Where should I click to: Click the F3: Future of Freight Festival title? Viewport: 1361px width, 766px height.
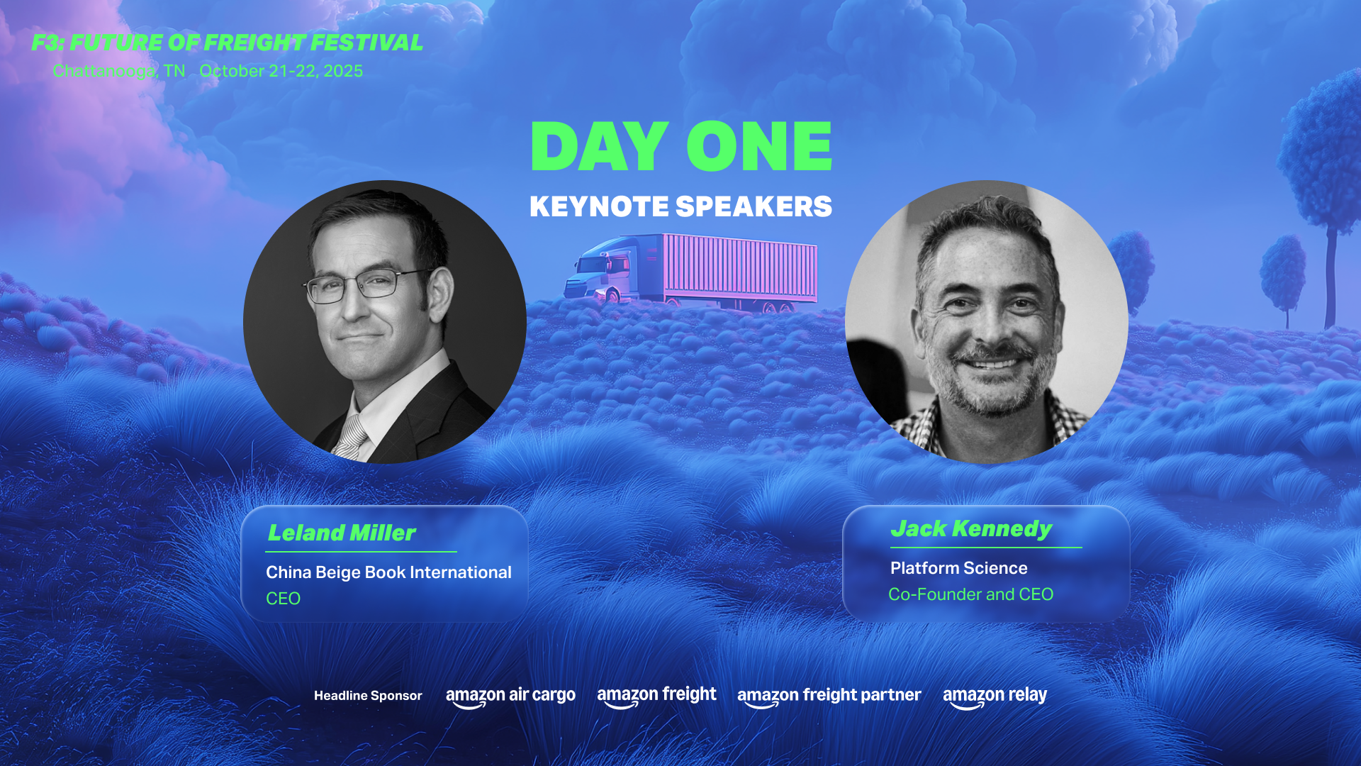[x=227, y=43]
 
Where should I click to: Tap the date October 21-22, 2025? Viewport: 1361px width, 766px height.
[x=281, y=71]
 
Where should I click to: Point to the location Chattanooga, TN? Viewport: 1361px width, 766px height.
[x=119, y=71]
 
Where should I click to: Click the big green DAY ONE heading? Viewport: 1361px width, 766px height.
[x=681, y=146]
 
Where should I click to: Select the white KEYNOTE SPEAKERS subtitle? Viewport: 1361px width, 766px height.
[x=681, y=206]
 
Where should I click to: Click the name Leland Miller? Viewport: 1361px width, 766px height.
[x=342, y=533]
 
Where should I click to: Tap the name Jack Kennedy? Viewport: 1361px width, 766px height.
[x=971, y=529]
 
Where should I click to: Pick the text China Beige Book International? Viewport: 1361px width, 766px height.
[x=388, y=572]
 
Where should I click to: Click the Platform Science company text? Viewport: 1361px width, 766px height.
[x=959, y=568]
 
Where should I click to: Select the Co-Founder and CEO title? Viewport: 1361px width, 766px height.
[x=971, y=594]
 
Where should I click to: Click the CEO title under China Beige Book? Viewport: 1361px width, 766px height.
[x=283, y=599]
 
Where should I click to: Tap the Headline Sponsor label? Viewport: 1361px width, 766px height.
[x=368, y=696]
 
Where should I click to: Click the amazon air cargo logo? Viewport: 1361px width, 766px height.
[x=510, y=696]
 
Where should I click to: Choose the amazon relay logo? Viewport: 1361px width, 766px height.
[x=995, y=696]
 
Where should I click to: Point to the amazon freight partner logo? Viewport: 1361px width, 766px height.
[x=829, y=696]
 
